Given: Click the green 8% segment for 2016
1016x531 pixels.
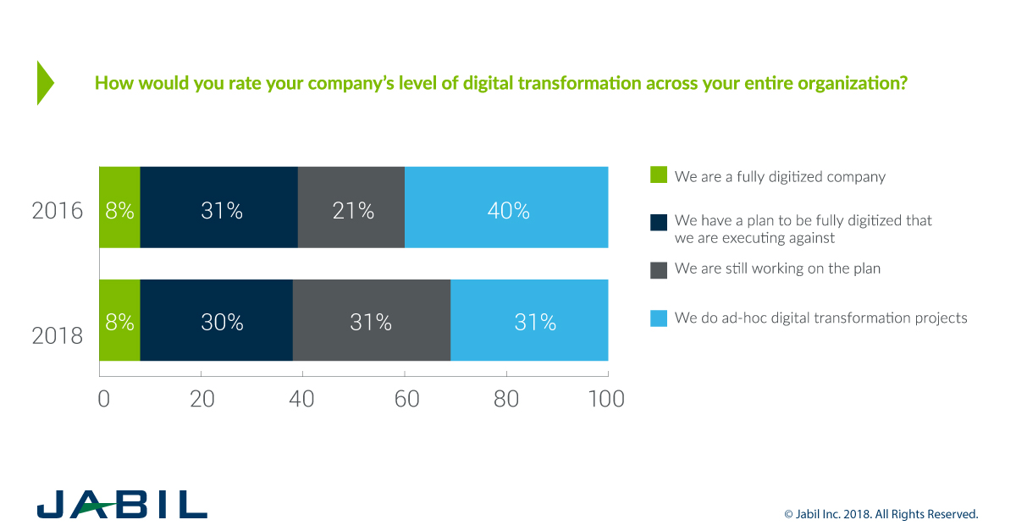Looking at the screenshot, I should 119,207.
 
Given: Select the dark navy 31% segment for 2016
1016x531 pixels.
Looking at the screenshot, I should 219,207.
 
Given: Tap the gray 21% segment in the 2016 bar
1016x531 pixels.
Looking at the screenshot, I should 351,207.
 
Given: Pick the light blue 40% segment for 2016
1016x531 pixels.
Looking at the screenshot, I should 506,207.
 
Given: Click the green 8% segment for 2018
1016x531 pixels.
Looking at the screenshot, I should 119,320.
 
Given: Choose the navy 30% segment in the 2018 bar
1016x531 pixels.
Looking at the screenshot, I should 217,320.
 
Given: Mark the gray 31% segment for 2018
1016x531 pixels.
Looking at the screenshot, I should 371,320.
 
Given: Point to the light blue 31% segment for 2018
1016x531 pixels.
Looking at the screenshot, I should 529,320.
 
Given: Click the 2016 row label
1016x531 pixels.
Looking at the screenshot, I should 58,210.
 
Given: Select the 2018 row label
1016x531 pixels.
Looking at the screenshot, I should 58,335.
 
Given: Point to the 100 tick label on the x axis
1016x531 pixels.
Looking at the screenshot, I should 605,399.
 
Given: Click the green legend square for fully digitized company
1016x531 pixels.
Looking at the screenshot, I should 659,175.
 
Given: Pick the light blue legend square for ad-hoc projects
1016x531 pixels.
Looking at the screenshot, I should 659,318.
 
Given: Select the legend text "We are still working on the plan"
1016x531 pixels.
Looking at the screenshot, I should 777,269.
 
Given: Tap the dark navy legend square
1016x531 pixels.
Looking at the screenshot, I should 659,222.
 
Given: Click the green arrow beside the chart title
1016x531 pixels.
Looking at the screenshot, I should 45,83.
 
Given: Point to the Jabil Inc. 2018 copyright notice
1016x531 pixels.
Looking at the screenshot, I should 881,514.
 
